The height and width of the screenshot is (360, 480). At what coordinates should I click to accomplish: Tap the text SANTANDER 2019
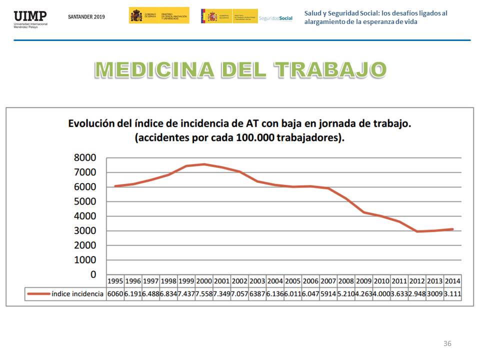coord(86,16)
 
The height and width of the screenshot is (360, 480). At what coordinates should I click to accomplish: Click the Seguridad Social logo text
coord(275,18)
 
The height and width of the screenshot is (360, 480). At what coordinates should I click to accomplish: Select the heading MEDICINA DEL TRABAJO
coord(240,70)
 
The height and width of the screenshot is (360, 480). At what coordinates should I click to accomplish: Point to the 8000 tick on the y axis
coord(85,158)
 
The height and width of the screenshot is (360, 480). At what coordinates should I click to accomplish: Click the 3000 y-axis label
coord(85,231)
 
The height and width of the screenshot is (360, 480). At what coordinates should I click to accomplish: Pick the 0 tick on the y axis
coord(93,274)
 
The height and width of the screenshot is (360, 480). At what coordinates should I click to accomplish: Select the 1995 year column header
coord(115,281)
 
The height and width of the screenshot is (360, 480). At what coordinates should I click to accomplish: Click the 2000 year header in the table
coord(204,281)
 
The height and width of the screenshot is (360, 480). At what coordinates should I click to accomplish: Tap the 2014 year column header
coord(452,281)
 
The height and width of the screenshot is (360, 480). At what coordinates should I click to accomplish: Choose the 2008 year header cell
coord(346,281)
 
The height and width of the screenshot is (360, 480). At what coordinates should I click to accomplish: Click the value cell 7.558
coord(204,294)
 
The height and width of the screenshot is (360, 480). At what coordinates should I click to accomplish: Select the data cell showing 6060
coord(115,294)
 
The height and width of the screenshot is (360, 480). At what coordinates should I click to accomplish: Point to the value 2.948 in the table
coord(417,294)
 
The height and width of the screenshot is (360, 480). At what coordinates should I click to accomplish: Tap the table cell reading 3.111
coord(452,294)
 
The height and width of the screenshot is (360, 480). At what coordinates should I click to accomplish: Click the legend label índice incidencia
coord(77,294)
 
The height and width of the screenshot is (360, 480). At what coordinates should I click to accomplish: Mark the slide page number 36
coord(447,343)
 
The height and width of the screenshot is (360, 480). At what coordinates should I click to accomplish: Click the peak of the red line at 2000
coord(204,164)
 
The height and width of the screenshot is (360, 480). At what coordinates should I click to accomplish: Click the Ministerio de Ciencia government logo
coord(159,15)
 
